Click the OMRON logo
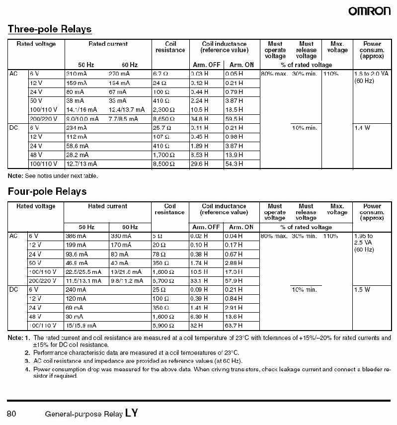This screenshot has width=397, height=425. (x=369, y=10)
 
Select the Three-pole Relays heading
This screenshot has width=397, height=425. (x=50, y=29)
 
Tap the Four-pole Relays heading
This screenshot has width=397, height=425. (x=47, y=191)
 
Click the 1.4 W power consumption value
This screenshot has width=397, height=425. (x=362, y=128)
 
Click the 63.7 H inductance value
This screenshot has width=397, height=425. (x=234, y=326)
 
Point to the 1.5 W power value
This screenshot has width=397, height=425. (x=362, y=290)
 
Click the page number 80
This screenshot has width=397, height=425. (x=12, y=413)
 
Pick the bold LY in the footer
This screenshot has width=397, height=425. (x=132, y=412)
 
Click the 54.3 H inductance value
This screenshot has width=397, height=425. (x=234, y=164)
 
